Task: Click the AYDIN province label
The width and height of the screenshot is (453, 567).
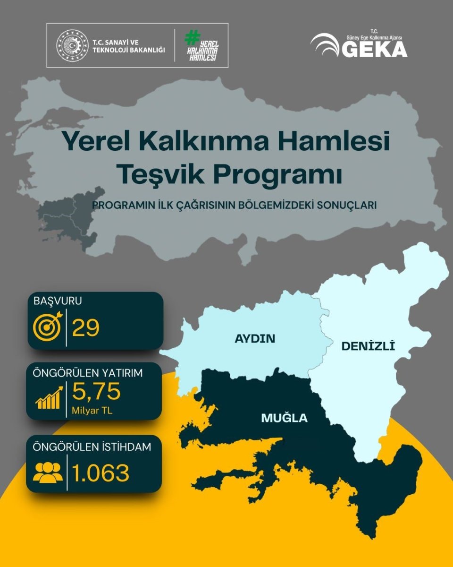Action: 255,338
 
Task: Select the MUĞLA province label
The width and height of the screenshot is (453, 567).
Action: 284,418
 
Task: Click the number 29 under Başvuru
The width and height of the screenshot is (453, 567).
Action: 86,327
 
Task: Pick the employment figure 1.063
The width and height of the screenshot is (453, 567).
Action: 101,472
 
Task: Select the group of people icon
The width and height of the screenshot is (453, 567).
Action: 48,472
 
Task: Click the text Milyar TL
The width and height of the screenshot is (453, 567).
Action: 92,410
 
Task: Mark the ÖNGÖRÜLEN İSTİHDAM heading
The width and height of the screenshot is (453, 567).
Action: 92,447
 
